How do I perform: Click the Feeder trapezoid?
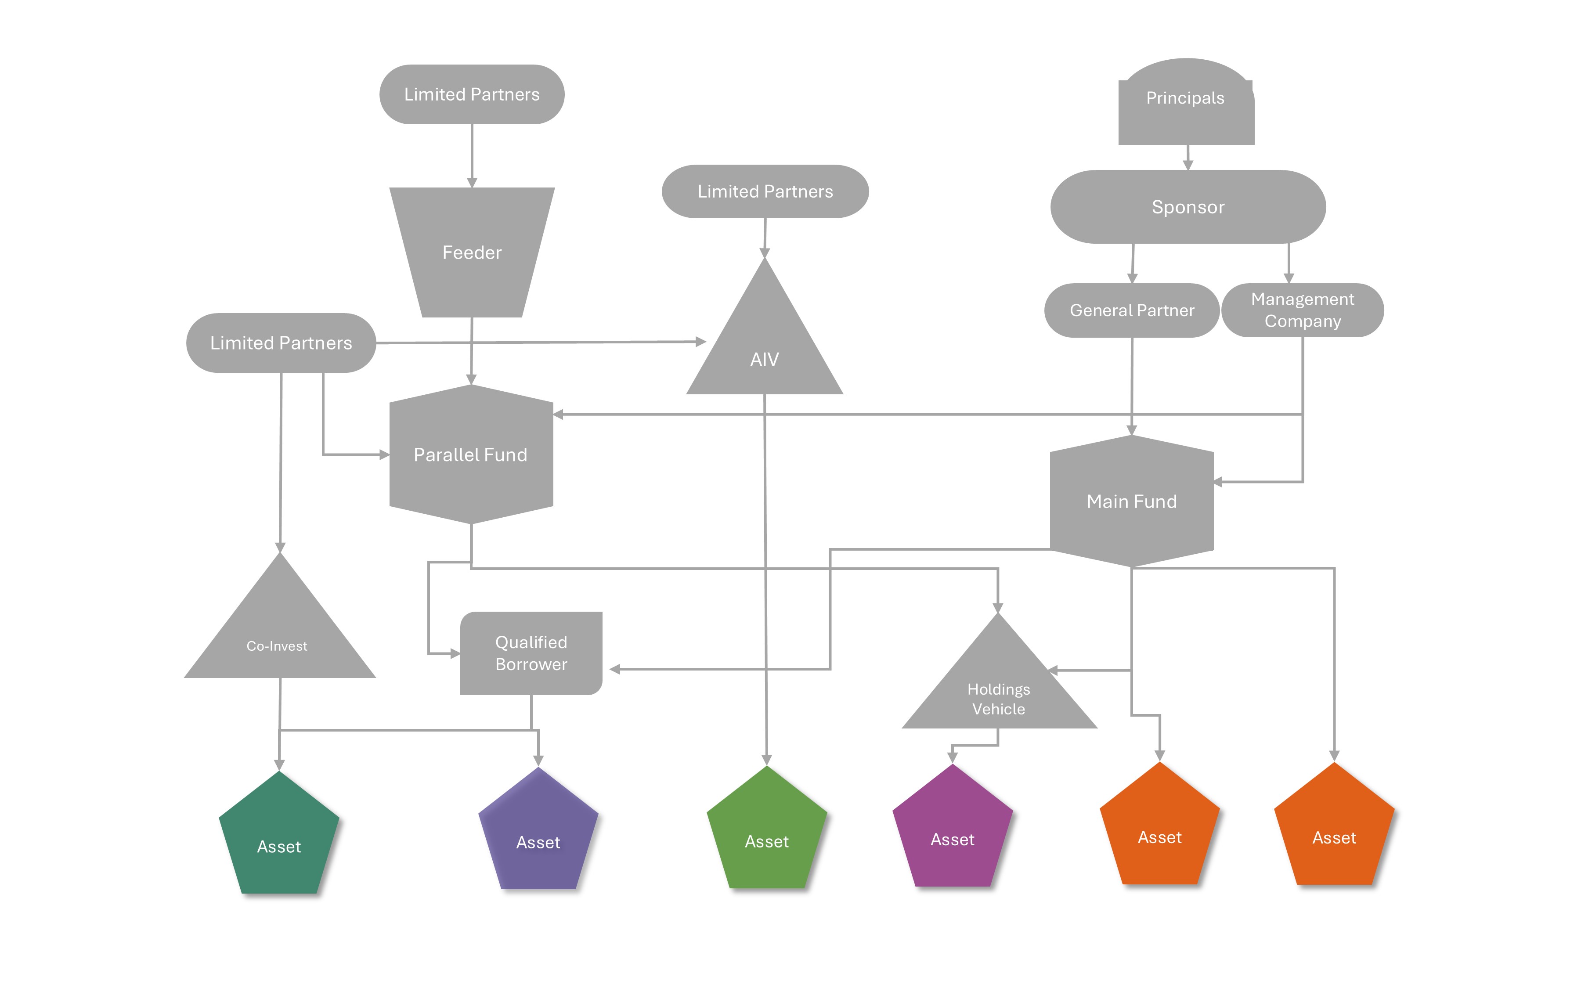(x=472, y=252)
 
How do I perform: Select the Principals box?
(x=1186, y=105)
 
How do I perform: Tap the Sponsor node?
(x=1188, y=207)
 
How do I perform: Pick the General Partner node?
(x=1132, y=310)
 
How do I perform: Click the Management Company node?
(x=1302, y=310)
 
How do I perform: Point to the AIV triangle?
(x=764, y=346)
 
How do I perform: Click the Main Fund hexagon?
(x=1132, y=501)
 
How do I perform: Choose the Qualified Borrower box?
(x=531, y=653)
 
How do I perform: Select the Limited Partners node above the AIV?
(x=765, y=191)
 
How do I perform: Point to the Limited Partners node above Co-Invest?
(x=281, y=343)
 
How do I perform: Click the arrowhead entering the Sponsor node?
(x=1188, y=165)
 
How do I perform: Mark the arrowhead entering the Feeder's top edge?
(x=472, y=182)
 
